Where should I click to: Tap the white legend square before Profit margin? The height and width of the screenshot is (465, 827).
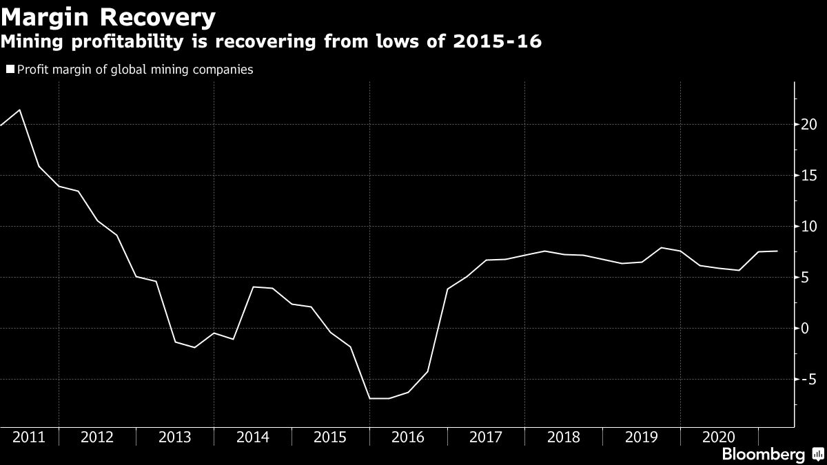coord(10,69)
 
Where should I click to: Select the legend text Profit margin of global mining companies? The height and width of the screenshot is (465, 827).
coord(135,69)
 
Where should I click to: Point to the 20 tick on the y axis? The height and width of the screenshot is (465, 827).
coord(808,125)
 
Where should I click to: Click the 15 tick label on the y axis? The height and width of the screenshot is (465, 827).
coord(808,176)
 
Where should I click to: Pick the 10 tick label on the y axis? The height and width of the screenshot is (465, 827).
coord(808,227)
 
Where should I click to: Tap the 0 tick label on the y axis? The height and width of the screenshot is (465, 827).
coord(804,329)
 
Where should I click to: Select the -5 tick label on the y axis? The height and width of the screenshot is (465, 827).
coord(807,380)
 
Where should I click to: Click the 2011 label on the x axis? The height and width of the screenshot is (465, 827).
coord(29,437)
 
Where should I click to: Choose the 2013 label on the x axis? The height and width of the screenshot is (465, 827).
coord(175,437)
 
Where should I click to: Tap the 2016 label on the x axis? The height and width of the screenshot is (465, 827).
coord(408,437)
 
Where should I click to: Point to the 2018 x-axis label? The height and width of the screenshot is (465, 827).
coord(563,437)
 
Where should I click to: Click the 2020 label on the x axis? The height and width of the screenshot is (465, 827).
coord(719,437)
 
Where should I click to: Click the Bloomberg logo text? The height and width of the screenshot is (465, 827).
coord(762,455)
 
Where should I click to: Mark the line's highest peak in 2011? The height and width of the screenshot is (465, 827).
coord(19,110)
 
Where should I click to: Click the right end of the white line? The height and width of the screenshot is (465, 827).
coord(777,251)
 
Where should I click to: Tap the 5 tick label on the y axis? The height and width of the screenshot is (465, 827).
coord(804,278)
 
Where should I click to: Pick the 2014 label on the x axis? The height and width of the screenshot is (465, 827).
coord(252,437)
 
